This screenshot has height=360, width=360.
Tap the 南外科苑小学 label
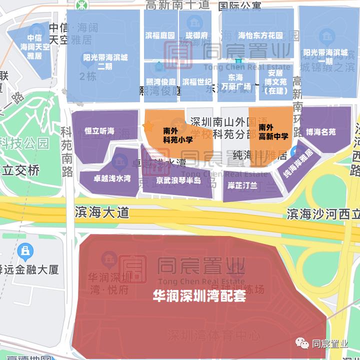(x=177, y=135)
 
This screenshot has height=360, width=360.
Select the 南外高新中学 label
(x=273, y=131)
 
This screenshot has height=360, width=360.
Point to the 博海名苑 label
(x=321, y=132)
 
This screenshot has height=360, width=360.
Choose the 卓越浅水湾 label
(x=112, y=178)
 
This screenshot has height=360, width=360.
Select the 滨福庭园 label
(x=160, y=35)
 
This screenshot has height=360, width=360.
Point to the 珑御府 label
(x=196, y=35)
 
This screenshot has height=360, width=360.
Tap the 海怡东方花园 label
(x=260, y=35)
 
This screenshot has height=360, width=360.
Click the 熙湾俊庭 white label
(x=161, y=81)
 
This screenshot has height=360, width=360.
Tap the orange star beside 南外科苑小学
(x=148, y=126)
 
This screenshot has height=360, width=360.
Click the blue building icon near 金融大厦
(x=24, y=250)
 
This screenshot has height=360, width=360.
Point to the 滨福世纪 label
(x=196, y=81)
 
